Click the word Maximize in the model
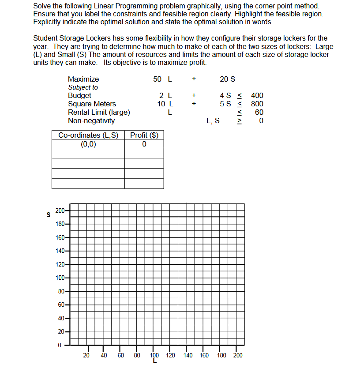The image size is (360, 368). pyautogui.click(x=83, y=79)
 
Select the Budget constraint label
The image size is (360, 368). pyautogui.click(x=79, y=95)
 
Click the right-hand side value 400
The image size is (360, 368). pyautogui.click(x=257, y=95)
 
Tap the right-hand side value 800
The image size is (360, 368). pyautogui.click(x=257, y=104)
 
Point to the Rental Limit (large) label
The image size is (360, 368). pyautogui.click(x=99, y=112)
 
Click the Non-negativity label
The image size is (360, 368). pyautogui.click(x=91, y=120)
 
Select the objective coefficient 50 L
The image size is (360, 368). pyautogui.click(x=162, y=79)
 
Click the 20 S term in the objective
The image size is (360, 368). pyautogui.click(x=227, y=79)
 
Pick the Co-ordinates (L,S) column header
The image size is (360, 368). pyautogui.click(x=88, y=135)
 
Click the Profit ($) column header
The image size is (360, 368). pyautogui.click(x=144, y=135)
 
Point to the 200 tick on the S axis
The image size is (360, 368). pyautogui.click(x=60, y=210)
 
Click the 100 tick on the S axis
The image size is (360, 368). pyautogui.click(x=60, y=278)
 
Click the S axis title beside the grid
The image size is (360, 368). pyautogui.click(x=48, y=215)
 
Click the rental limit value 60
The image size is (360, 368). pyautogui.click(x=259, y=112)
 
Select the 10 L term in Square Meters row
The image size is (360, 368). pyautogui.click(x=165, y=104)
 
